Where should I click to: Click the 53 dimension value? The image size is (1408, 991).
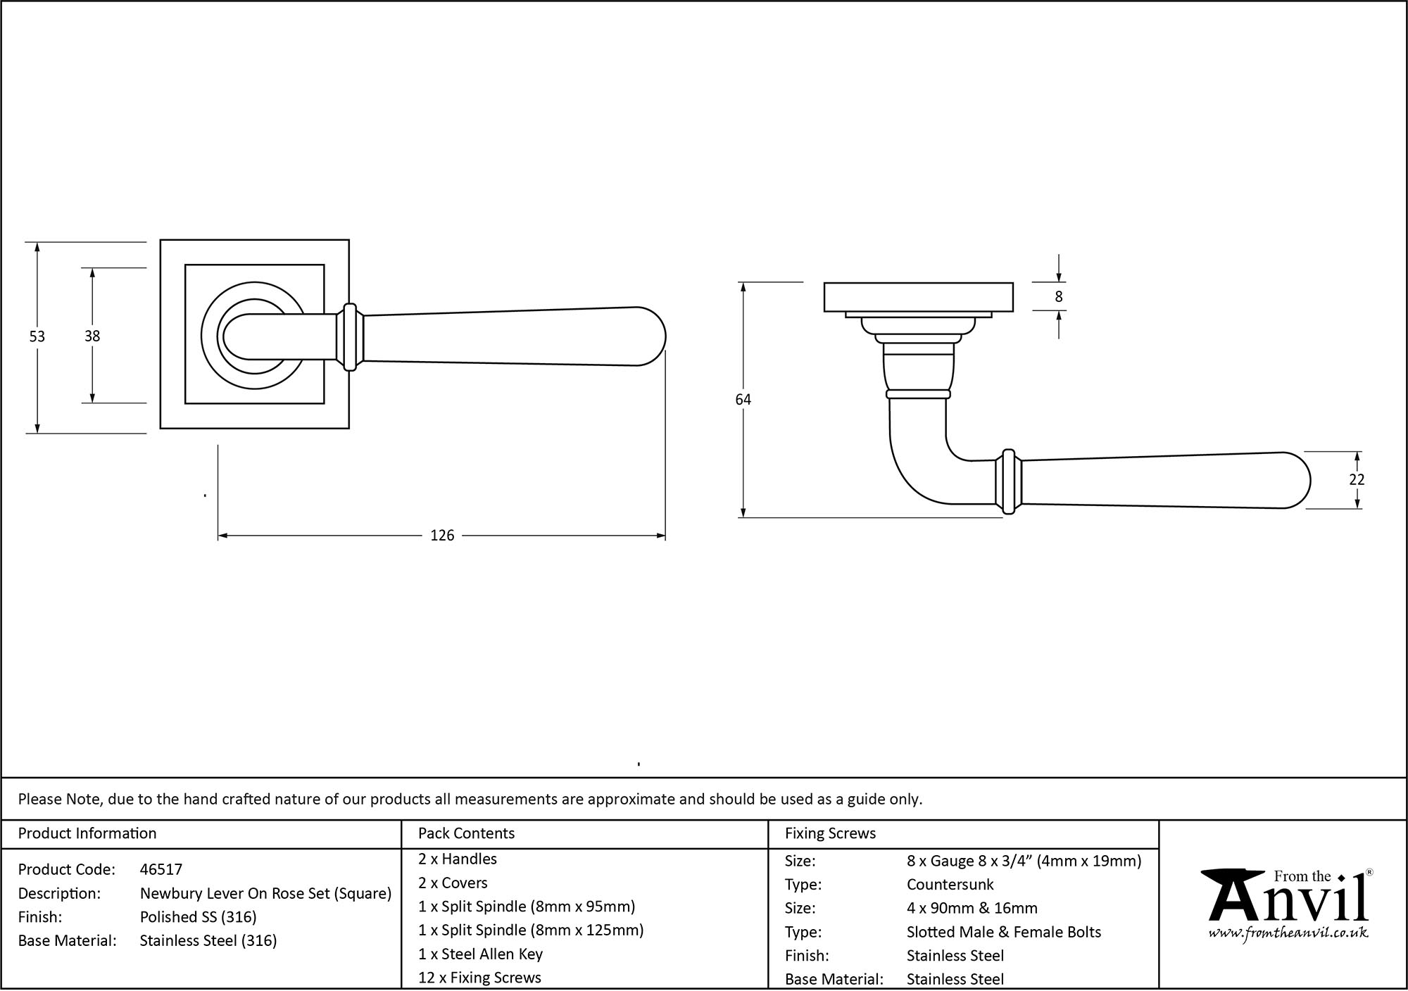[x=37, y=337]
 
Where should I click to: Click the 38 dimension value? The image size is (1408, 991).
[x=92, y=336]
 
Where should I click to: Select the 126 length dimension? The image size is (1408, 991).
[x=442, y=536]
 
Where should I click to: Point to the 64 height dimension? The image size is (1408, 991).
[x=743, y=400]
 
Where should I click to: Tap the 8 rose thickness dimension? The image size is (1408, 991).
[x=1058, y=297]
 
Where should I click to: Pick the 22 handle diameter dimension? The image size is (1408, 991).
[x=1357, y=480]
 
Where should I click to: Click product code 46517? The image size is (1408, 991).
[x=161, y=870]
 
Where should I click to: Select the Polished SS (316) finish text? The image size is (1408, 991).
[x=198, y=917]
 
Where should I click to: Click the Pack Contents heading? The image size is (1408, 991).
[x=466, y=833]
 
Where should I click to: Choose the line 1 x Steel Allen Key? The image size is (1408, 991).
[x=480, y=954]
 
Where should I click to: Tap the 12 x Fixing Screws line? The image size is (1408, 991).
[x=479, y=978]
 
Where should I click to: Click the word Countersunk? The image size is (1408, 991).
[x=950, y=885]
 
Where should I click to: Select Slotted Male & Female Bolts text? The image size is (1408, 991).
[x=1003, y=933]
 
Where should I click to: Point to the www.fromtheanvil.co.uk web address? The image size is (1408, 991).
[x=1288, y=933]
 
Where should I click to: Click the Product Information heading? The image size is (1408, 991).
[x=87, y=833]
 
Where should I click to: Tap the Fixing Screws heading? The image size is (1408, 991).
[x=830, y=833]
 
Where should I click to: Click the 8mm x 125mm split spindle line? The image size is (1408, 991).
[x=531, y=930]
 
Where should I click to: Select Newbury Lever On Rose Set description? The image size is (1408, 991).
[x=265, y=894]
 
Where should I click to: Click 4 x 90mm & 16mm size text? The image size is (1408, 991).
[x=972, y=909]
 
